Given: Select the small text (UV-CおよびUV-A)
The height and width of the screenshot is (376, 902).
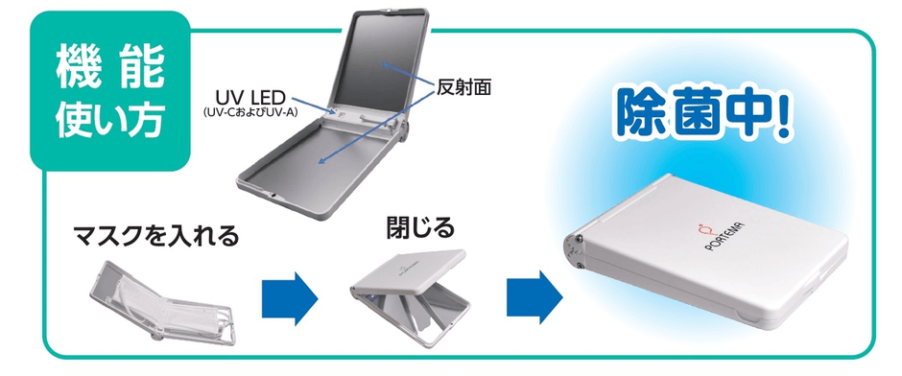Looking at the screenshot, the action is (x=250, y=112).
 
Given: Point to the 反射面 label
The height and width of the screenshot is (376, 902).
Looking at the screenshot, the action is (x=463, y=89).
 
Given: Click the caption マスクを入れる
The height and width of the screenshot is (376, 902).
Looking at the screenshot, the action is (x=155, y=235).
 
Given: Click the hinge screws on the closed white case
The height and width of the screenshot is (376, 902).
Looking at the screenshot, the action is (x=579, y=251).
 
